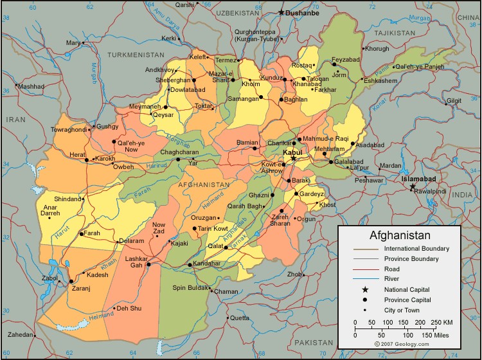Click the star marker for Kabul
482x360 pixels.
[293, 158]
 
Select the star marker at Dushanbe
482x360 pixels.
[281, 12]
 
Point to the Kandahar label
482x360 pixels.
[206, 264]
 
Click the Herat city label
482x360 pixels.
[77, 155]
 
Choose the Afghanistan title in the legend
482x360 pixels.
[400, 235]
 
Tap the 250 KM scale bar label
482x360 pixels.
[442, 321]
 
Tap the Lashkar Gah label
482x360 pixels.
[136, 262]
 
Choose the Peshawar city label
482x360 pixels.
[368, 181]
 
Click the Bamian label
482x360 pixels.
[247, 141]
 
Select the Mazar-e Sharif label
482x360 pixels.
[220, 77]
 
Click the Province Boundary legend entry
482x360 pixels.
[411, 259]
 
